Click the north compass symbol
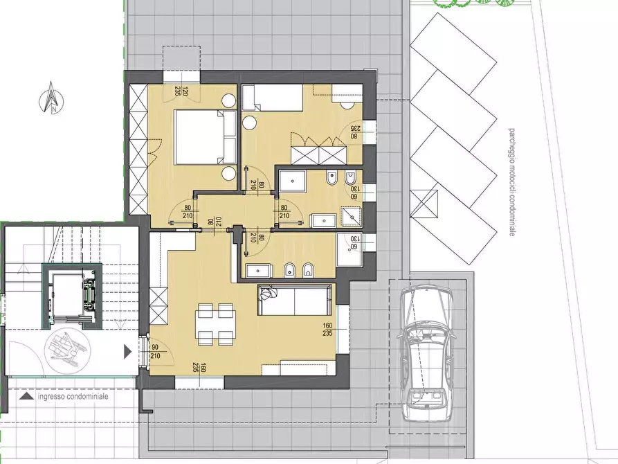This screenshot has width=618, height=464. pos(52,98)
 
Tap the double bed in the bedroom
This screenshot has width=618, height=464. pos(205,137)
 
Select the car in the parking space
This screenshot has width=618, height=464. pos(425,353)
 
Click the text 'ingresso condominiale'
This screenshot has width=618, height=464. pos(73,397)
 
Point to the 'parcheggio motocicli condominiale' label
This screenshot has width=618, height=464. pos(511,182)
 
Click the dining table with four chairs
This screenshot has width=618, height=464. pos(217,324)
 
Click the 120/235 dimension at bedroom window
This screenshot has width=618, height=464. pos(182,93)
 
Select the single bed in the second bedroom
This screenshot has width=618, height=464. pos(272,98)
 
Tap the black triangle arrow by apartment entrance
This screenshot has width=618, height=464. pos(128,352)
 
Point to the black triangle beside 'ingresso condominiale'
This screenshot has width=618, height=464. pos(26,397)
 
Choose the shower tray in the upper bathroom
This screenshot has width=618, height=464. pos(292,181)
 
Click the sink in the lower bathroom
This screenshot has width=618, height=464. pos(259,271)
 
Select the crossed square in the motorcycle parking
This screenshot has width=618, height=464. pos(424,204)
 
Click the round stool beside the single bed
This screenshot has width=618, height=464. pos(249,123)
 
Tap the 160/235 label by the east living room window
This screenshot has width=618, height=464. pos(327,330)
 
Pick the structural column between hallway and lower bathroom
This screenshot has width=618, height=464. pos(237,234)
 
